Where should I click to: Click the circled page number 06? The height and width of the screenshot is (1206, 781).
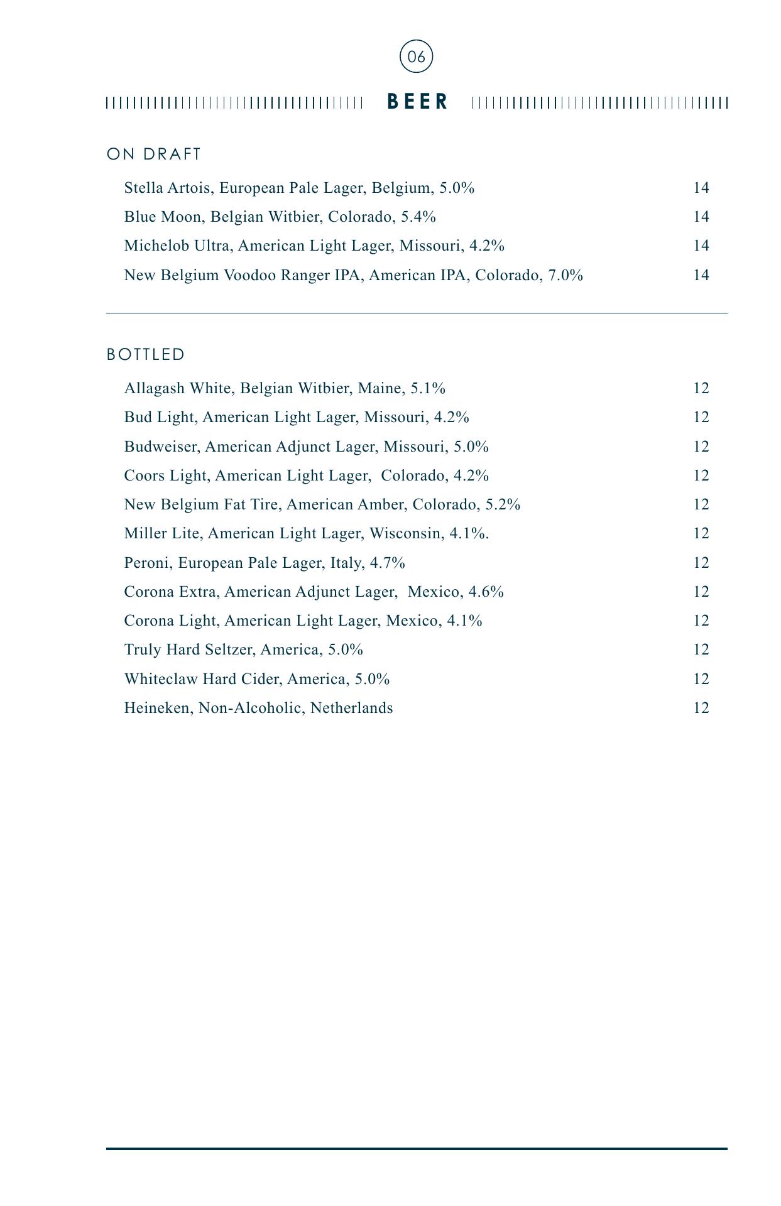pyautogui.click(x=416, y=57)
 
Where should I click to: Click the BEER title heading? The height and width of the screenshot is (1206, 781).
pyautogui.click(x=418, y=102)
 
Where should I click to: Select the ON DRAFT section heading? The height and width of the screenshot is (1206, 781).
pyautogui.click(x=154, y=155)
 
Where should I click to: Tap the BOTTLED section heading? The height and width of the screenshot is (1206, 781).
pyautogui.click(x=146, y=355)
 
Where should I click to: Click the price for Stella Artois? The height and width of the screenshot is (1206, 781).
pyautogui.click(x=701, y=188)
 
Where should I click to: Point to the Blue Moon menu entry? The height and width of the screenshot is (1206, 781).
pyautogui.click(x=280, y=217)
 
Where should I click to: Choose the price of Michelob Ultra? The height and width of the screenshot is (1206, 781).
pyautogui.click(x=701, y=246)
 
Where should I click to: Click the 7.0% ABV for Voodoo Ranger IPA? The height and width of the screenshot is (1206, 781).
pyautogui.click(x=565, y=275)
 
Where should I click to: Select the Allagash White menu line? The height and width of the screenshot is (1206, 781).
pyautogui.click(x=285, y=388)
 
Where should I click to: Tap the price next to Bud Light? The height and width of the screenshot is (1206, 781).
pyautogui.click(x=701, y=417)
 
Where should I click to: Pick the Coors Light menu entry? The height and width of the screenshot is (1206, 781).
pyautogui.click(x=306, y=475)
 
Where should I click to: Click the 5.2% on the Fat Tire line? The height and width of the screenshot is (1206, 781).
pyautogui.click(x=503, y=504)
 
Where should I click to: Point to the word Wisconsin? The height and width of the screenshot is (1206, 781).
pyautogui.click(x=405, y=533)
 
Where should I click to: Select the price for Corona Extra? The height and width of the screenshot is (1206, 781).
pyautogui.click(x=701, y=592)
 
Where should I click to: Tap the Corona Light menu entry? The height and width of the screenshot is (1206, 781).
pyautogui.click(x=303, y=621)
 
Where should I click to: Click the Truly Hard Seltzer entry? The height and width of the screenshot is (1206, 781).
pyautogui.click(x=243, y=649)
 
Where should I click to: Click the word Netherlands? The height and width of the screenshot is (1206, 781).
pyautogui.click(x=351, y=708)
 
